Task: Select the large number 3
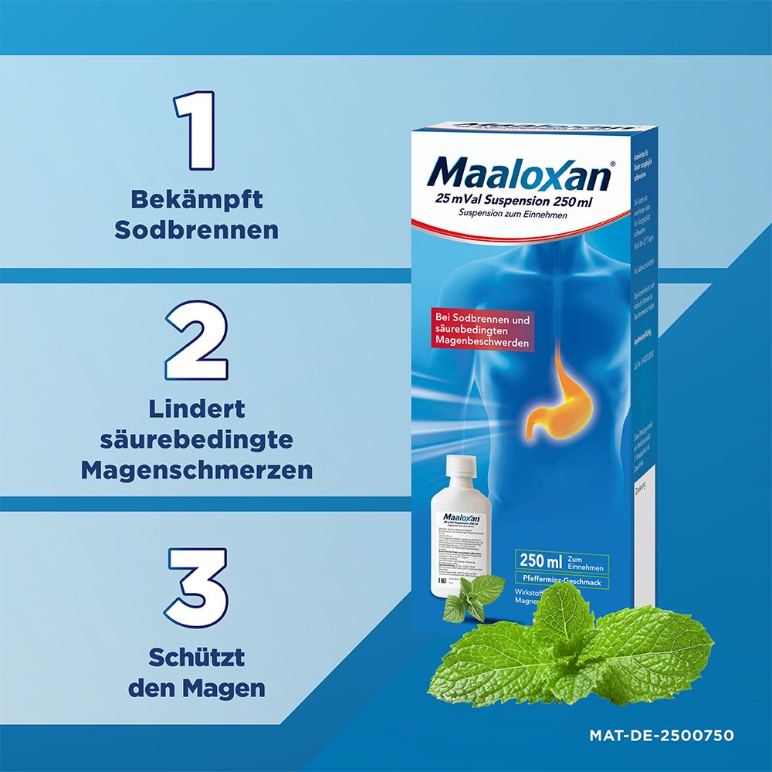point(198,586)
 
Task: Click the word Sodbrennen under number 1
point(196,230)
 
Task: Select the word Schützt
point(197,658)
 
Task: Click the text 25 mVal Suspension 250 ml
point(512,201)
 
